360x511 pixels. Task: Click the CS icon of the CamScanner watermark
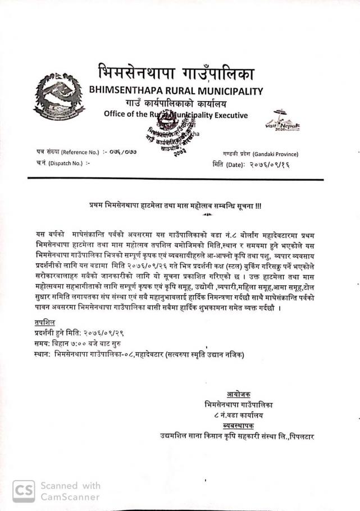(x=24, y=491)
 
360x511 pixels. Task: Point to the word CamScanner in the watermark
(x=70, y=496)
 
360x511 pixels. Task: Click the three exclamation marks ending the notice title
(x=258, y=206)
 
